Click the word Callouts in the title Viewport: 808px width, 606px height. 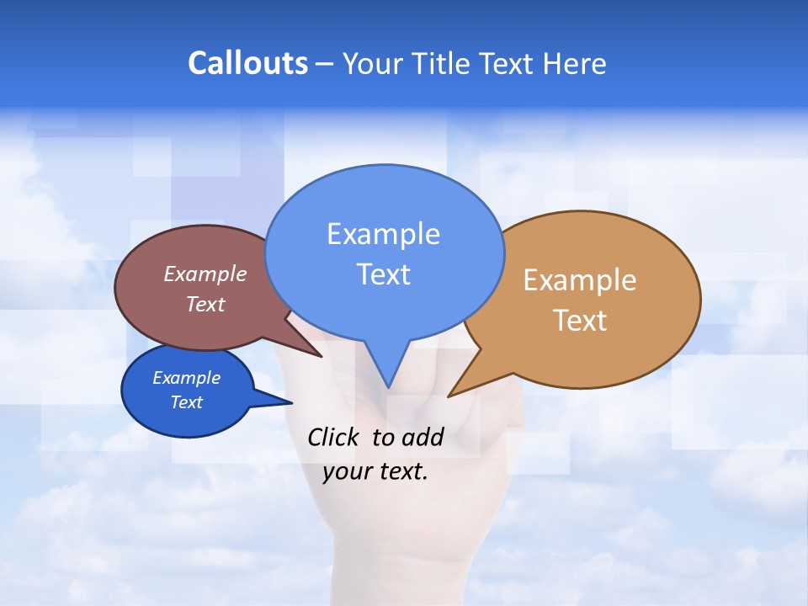coord(247,63)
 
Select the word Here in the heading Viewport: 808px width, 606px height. coord(575,63)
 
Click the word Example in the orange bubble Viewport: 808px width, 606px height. coord(580,280)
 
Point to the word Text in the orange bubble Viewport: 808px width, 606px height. coord(580,321)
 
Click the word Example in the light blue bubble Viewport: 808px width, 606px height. coord(383,234)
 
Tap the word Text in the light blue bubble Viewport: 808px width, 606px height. coord(383,274)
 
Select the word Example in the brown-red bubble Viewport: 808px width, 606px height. coord(205,274)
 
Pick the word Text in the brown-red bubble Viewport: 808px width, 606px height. coord(205,304)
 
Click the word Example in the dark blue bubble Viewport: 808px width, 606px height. coord(186,378)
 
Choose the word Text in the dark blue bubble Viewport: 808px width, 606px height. coord(186,402)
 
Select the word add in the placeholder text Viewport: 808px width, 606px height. coord(423,437)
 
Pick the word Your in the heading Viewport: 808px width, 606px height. coord(371,63)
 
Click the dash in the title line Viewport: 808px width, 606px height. coord(324,64)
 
